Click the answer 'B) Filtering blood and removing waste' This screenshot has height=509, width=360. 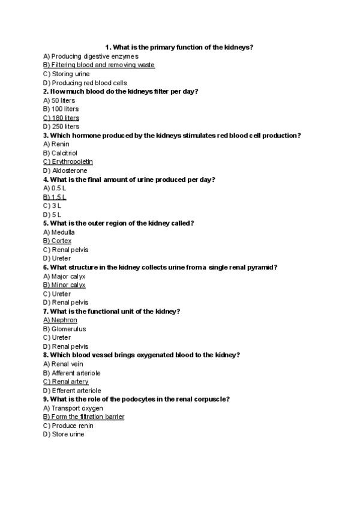[x=99, y=65]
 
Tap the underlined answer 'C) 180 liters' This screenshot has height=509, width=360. [x=61, y=118]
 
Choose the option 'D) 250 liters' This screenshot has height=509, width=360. [x=61, y=127]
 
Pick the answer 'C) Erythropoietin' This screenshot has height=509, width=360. [x=68, y=161]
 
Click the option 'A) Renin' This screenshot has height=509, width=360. [x=56, y=144]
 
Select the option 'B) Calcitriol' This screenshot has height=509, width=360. [x=60, y=153]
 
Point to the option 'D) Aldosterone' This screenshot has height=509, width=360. [x=65, y=170]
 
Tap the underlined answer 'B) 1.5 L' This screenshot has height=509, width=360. [x=55, y=197]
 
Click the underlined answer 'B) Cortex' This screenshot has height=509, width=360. [x=57, y=241]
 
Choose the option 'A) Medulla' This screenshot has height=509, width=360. [x=59, y=232]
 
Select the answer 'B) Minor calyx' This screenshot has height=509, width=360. [x=64, y=285]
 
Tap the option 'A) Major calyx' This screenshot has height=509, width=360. [x=64, y=276]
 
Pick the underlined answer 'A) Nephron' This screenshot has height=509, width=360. [x=60, y=320]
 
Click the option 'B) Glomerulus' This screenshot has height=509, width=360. [x=64, y=329]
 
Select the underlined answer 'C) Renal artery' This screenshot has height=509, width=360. [x=66, y=382]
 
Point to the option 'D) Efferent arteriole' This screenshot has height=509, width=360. [x=72, y=391]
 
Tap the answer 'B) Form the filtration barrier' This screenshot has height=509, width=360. [x=84, y=417]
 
